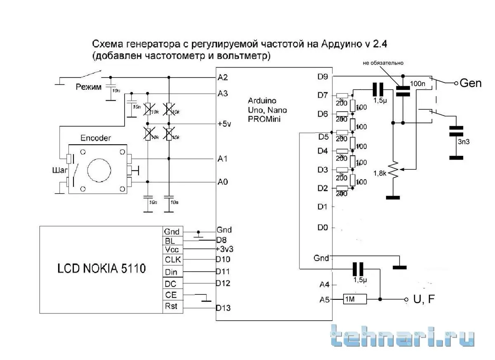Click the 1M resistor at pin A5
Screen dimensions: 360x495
[354, 299]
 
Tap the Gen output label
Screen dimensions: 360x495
[470, 83]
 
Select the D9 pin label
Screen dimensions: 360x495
[323, 76]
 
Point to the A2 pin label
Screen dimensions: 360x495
[223, 77]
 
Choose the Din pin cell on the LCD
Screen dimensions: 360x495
[172, 272]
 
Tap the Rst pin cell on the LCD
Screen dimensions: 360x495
[172, 306]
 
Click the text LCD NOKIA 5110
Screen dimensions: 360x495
[101, 269]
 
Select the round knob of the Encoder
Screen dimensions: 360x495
[99, 169]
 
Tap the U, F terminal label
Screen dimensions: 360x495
[424, 300]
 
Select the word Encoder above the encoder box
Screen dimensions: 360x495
[96, 138]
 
